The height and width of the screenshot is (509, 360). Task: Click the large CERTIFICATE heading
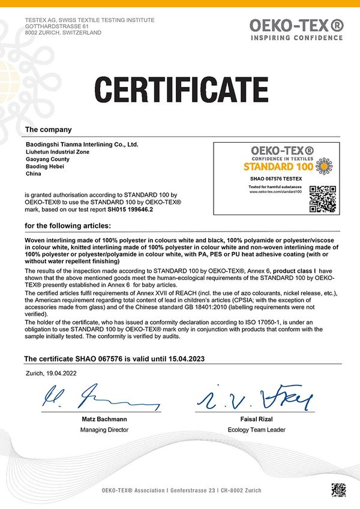pos(179,90)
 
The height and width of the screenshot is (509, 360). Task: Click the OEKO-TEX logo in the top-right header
pos(297,28)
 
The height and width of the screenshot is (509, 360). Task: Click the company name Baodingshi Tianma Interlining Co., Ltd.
pos(82,144)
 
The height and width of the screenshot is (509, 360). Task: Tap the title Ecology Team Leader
pos(256,430)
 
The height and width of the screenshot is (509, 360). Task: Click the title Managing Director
pos(101,430)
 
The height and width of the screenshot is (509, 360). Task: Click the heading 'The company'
pos(48,129)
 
